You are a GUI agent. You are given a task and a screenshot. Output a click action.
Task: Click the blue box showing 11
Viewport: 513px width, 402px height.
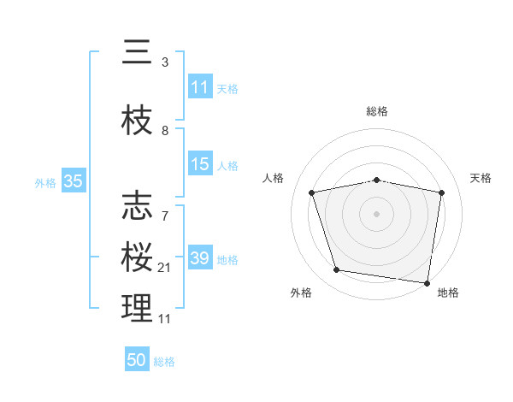coord(200,87)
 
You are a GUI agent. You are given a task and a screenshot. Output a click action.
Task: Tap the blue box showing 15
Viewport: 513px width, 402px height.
coord(200,164)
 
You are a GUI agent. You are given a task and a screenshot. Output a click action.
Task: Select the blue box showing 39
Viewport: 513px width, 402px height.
coord(200,258)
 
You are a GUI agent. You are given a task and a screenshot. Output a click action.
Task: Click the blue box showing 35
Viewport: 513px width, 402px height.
coord(73,181)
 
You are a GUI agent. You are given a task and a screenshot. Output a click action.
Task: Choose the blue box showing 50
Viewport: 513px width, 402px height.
coord(137,360)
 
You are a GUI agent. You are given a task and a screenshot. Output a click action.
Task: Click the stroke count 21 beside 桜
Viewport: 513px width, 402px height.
coord(165,268)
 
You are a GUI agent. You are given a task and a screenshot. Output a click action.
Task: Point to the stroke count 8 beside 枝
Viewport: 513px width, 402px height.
coord(165,131)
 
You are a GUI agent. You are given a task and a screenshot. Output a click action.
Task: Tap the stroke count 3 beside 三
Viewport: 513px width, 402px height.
coord(165,62)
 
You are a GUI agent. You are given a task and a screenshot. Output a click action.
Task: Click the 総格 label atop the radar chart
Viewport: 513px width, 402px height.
coord(377,111)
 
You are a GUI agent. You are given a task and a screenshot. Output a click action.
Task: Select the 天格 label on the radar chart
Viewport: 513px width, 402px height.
coord(481,178)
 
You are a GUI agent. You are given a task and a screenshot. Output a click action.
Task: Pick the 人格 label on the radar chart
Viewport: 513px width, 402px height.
coord(274,178)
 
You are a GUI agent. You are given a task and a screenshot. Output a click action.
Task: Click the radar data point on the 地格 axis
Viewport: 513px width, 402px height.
coord(427,282)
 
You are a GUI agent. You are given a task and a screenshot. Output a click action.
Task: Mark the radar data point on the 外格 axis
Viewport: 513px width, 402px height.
coord(337,270)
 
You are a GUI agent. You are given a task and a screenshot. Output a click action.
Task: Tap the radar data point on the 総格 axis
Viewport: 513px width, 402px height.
coord(377,180)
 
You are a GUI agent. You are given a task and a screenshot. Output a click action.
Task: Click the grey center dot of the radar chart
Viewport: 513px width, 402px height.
coord(377,213)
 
